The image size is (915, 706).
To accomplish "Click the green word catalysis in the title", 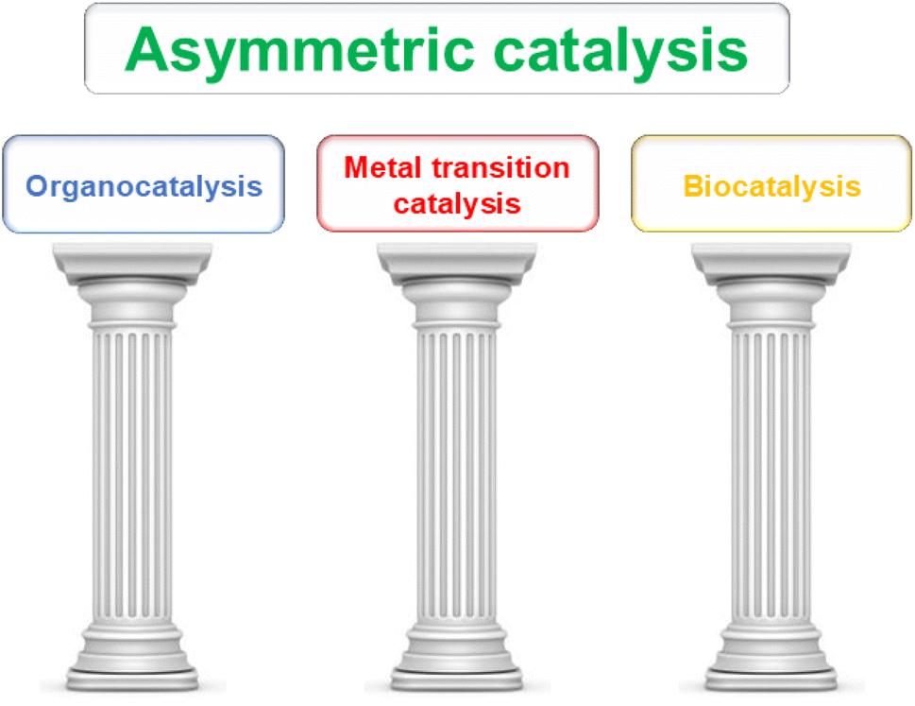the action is (x=620, y=50).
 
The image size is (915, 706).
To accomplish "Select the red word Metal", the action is (x=382, y=167).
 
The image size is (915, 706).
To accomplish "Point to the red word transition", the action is (x=500, y=167).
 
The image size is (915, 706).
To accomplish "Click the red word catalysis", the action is (x=457, y=205).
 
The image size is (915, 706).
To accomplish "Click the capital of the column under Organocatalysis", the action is (x=132, y=284).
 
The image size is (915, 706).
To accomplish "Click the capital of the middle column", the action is (x=457, y=284).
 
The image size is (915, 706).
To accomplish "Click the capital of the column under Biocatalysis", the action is (x=771, y=284).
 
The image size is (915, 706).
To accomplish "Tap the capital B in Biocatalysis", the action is (x=692, y=186).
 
